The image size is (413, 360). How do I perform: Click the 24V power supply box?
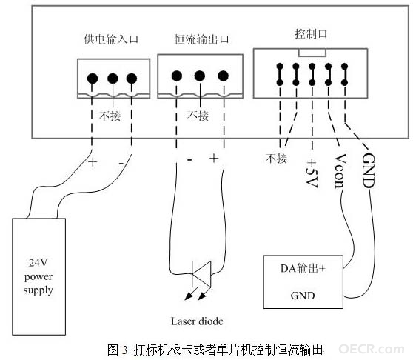pyautogui.click(x=38, y=276)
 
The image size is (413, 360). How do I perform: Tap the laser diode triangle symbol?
pyautogui.click(x=202, y=274)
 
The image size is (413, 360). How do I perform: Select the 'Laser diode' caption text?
pyautogui.click(x=197, y=321)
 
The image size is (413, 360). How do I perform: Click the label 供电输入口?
pyautogui.click(x=111, y=39)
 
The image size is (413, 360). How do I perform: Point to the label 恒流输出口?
pyautogui.click(x=201, y=39)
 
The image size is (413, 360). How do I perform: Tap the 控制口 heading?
pyautogui.click(x=311, y=34)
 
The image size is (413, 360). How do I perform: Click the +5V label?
pyautogui.click(x=312, y=173)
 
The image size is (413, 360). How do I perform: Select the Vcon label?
pyautogui.click(x=340, y=171)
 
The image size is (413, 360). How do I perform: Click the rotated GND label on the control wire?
pyautogui.click(x=369, y=170)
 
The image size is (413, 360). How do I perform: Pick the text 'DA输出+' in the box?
pyautogui.click(x=303, y=269)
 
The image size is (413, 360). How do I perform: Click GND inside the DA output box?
pyautogui.click(x=303, y=296)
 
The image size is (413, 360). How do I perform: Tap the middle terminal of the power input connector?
pyautogui.click(x=113, y=79)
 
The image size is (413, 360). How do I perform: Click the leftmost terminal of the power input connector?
pyautogui.click(x=93, y=79)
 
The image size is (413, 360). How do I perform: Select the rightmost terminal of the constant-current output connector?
pyautogui.click(x=224, y=76)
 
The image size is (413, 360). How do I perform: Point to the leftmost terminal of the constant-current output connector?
pyautogui.click(x=177, y=76)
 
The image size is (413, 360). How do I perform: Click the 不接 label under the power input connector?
pyautogui.click(x=110, y=116)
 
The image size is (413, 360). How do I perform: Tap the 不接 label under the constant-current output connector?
pyautogui.click(x=198, y=116)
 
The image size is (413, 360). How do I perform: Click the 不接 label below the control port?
pyautogui.click(x=276, y=159)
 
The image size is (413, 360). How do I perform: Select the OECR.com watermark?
pyautogui.click(x=372, y=349)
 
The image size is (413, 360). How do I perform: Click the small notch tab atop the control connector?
pyautogui.click(x=312, y=53)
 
